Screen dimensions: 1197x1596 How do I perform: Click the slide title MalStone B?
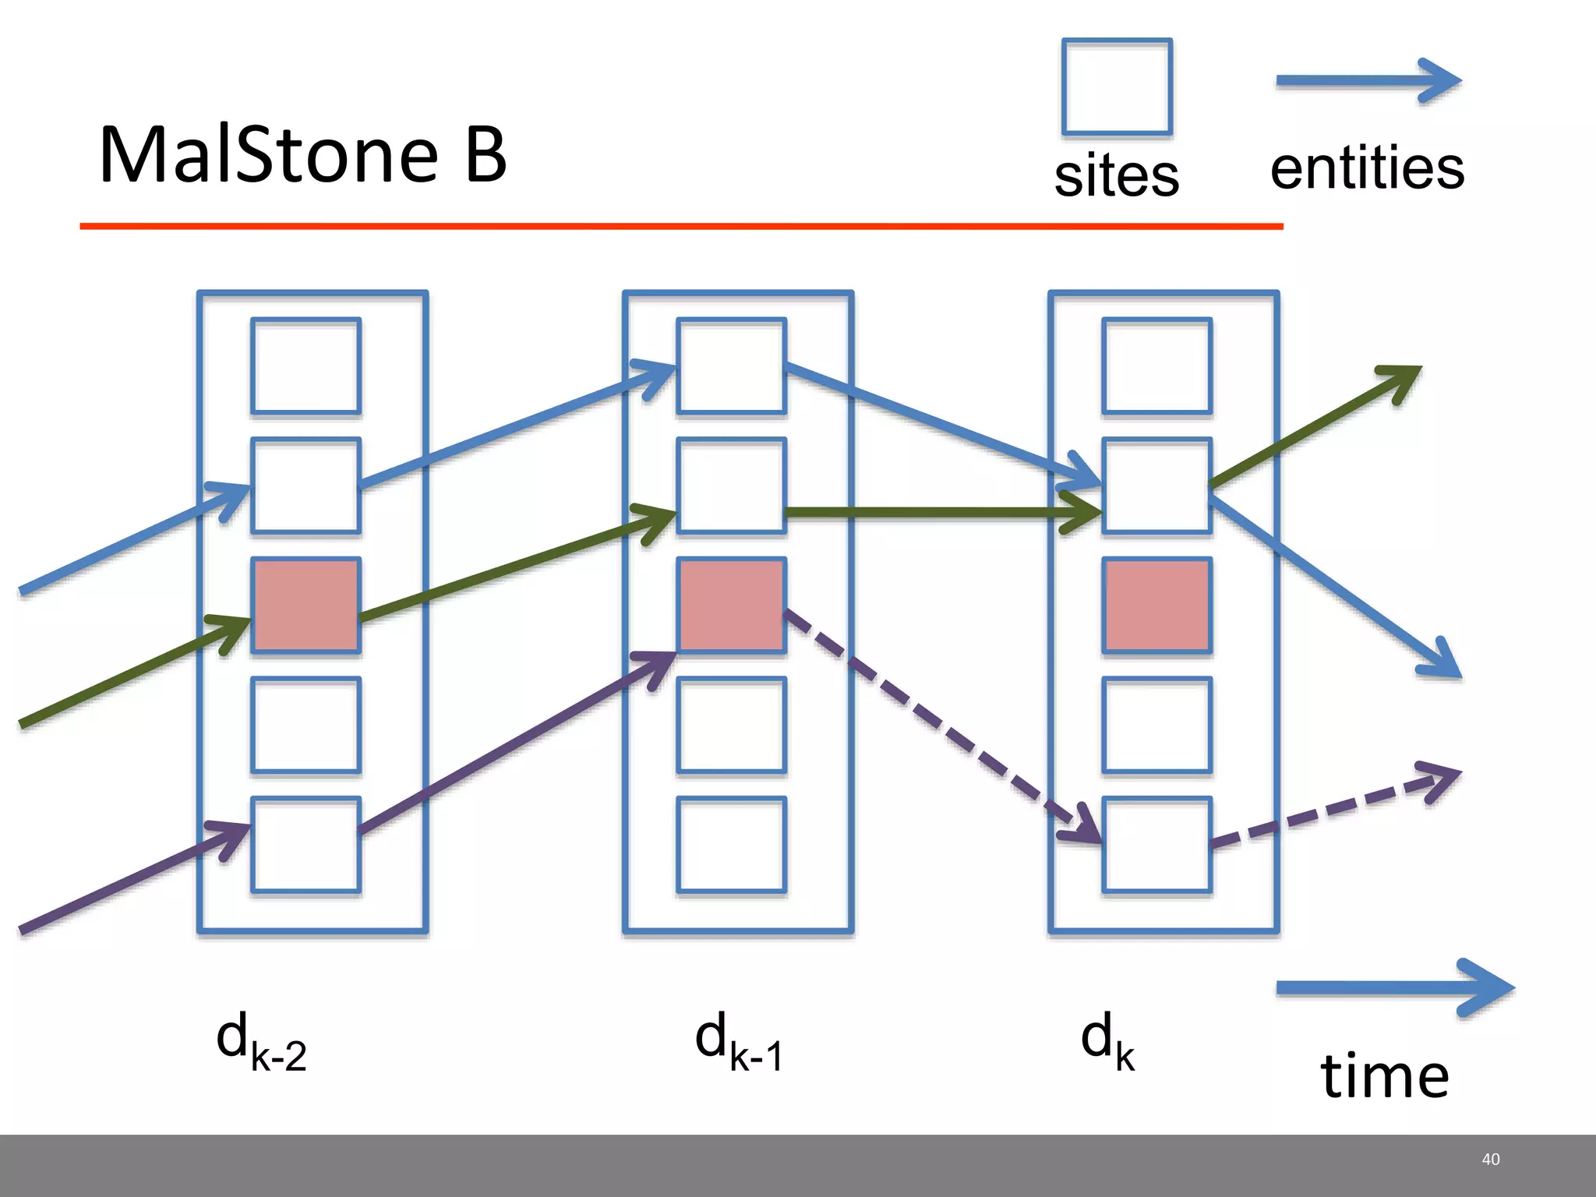pyautogui.click(x=303, y=155)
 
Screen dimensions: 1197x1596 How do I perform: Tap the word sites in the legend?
pyautogui.click(x=1116, y=175)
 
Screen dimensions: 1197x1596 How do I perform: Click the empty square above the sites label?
pyautogui.click(x=1117, y=87)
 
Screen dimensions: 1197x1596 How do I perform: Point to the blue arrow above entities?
pyautogui.click(x=1367, y=81)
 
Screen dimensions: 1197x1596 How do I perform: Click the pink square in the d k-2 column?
pyautogui.click(x=305, y=605)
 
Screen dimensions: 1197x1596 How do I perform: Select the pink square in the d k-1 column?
pyautogui.click(x=731, y=605)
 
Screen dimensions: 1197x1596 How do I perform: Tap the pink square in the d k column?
pyautogui.click(x=1156, y=605)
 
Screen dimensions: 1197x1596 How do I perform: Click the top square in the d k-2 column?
pyautogui.click(x=305, y=365)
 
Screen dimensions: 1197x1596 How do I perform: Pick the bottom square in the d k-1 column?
pyautogui.click(x=731, y=844)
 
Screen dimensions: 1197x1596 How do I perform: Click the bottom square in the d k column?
pyautogui.click(x=1156, y=844)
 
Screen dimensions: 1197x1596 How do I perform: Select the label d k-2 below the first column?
pyautogui.click(x=261, y=1042)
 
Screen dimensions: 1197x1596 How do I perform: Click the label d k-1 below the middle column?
pyautogui.click(x=738, y=1042)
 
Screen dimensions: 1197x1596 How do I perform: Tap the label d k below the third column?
pyautogui.click(x=1107, y=1042)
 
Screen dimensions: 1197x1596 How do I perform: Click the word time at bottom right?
pyautogui.click(x=1385, y=1075)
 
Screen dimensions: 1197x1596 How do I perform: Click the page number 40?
pyautogui.click(x=1490, y=1160)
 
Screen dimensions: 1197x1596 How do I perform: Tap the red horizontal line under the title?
pyautogui.click(x=681, y=226)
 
